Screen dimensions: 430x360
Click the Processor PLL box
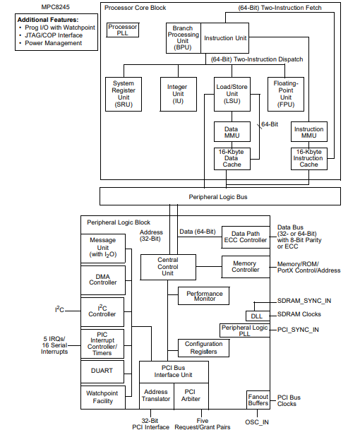[122, 30]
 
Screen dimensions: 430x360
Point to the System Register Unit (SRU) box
[124, 93]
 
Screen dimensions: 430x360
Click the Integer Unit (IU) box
[177, 93]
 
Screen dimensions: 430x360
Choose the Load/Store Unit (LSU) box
[232, 93]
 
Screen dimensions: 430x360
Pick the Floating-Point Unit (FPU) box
[285, 93]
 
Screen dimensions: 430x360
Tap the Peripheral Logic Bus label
[219, 196]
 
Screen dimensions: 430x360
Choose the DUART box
[103, 369]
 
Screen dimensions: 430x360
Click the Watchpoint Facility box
[103, 398]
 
